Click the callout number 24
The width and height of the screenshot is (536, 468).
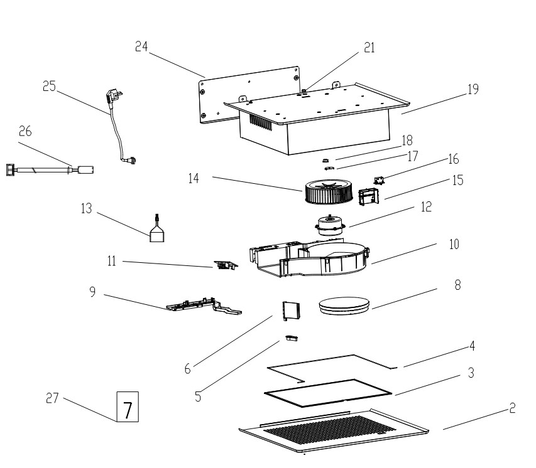(141, 46)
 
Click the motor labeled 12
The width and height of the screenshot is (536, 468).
(330, 225)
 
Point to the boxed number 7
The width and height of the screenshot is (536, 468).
(128, 407)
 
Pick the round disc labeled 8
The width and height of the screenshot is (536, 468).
(344, 306)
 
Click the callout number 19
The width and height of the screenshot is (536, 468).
(473, 90)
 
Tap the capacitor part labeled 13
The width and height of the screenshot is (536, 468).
(157, 229)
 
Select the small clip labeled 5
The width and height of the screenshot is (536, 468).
(292, 338)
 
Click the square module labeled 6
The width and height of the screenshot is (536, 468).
(291, 311)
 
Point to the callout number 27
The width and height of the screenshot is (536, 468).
(52, 398)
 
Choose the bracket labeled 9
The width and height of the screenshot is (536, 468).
(204, 306)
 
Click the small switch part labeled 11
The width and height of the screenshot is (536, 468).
(226, 265)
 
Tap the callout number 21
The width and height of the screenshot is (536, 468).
(369, 48)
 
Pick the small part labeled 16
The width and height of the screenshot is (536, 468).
(379, 180)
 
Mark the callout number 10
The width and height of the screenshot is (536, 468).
(454, 245)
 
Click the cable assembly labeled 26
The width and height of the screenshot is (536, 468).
(50, 169)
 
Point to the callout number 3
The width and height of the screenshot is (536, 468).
(471, 373)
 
